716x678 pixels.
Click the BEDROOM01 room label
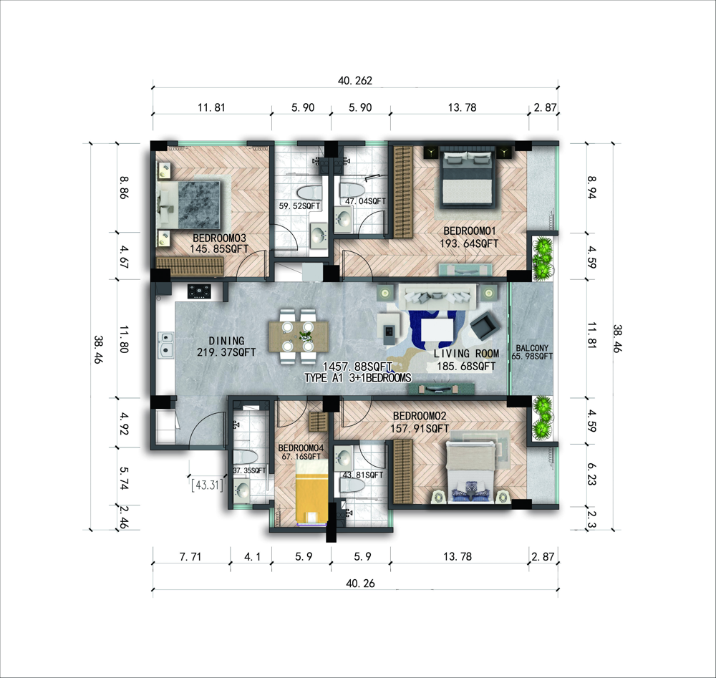470,231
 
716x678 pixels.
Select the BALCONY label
532,348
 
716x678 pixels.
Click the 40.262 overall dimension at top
355,81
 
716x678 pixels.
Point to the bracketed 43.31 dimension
208,485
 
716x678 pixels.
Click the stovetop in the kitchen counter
200,291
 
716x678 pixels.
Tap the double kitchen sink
166,344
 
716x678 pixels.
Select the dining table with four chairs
298,337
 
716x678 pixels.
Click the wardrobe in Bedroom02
402,472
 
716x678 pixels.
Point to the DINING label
226,341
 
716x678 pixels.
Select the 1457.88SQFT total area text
357,367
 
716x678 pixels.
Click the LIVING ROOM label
466,354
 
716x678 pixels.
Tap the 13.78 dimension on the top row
462,107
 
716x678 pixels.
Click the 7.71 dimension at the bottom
190,556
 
